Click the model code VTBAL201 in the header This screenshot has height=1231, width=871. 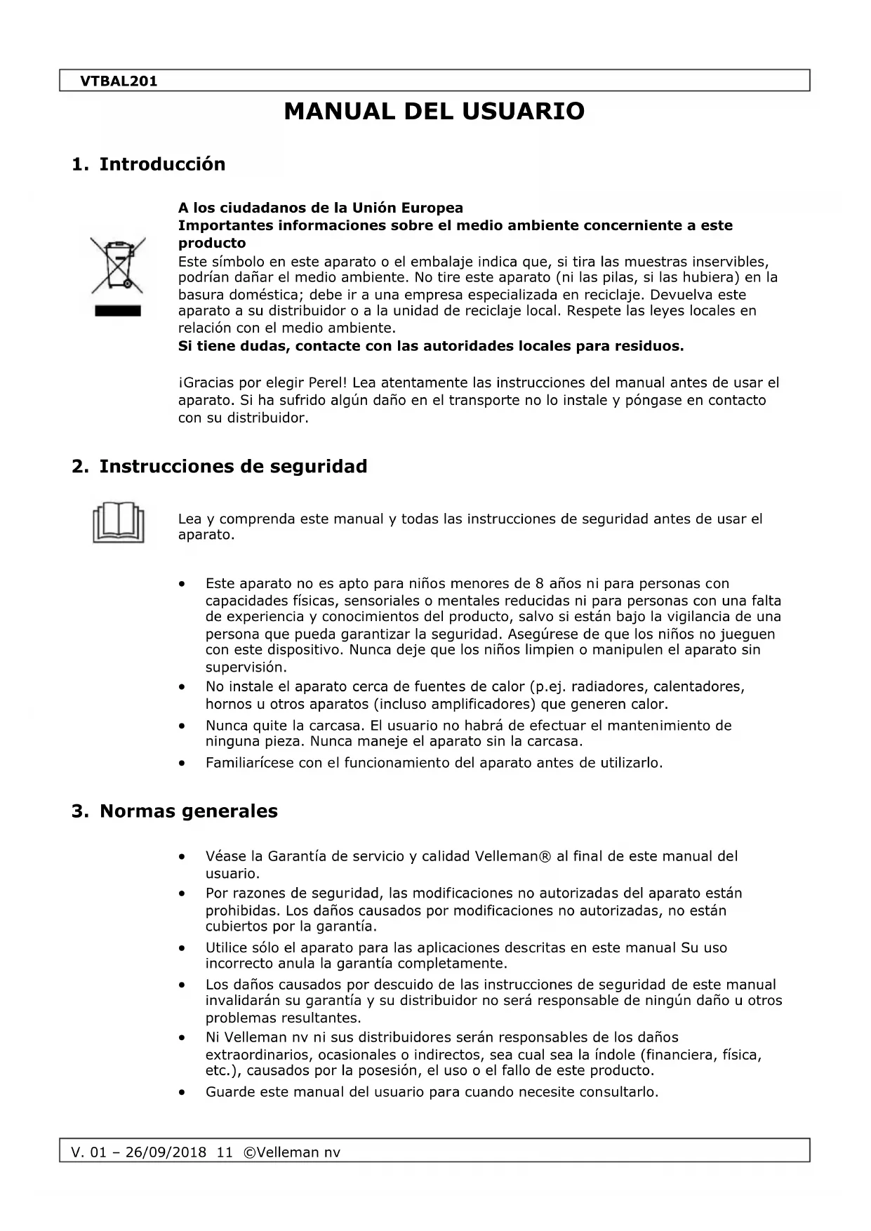119,81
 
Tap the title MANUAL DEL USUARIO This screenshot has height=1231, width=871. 434,112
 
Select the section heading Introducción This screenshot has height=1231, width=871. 162,164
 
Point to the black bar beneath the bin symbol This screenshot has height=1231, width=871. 118,311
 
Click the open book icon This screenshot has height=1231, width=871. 118,523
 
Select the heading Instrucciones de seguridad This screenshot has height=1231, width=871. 233,467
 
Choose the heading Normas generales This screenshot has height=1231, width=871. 188,811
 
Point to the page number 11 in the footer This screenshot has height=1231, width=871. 225,1153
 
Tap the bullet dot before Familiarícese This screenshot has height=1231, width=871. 182,763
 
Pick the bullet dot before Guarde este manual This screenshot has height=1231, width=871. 182,1093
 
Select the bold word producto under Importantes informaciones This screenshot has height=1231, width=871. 212,244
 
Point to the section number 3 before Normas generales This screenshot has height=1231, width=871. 79,811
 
